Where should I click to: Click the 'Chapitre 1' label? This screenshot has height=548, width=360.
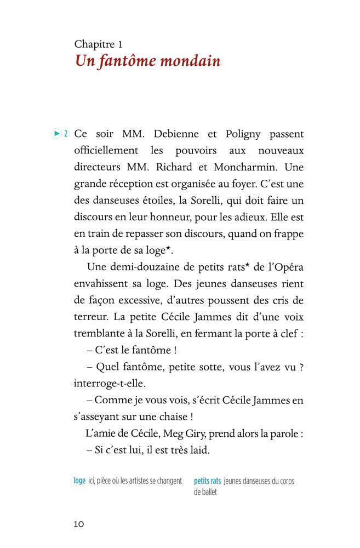pyautogui.click(x=99, y=44)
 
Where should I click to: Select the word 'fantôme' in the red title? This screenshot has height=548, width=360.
pyautogui.click(x=121, y=61)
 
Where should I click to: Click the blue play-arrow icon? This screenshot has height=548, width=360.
pyautogui.click(x=55, y=133)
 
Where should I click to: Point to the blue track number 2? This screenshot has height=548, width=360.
pyautogui.click(x=66, y=134)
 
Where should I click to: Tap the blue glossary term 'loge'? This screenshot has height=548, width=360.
pyautogui.click(x=79, y=481)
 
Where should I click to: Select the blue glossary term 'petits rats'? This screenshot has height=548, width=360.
pyautogui.click(x=207, y=481)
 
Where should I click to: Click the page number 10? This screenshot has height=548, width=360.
pyautogui.click(x=79, y=524)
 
